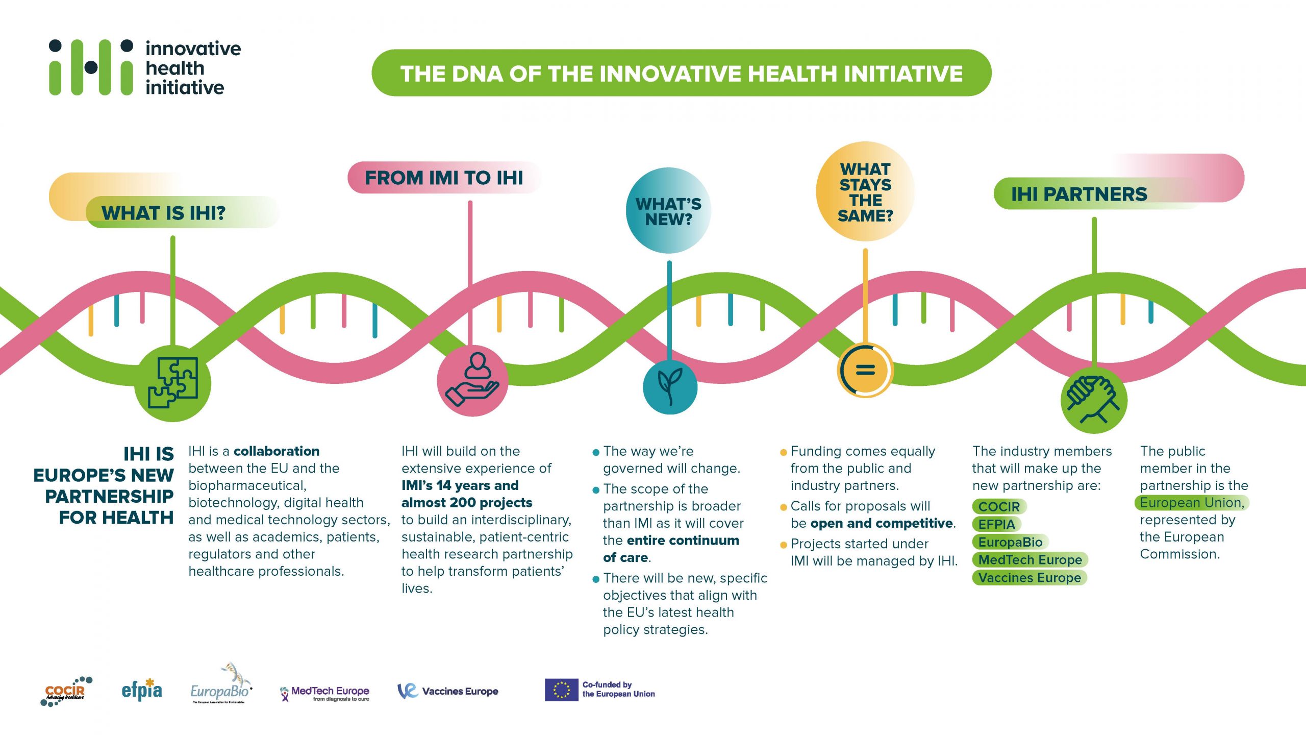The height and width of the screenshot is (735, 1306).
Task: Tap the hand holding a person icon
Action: [472, 380]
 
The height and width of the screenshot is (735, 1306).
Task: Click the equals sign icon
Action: [865, 370]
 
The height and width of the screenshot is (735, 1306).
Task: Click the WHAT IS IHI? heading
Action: [163, 213]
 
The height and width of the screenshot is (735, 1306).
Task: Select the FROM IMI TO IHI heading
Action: [444, 178]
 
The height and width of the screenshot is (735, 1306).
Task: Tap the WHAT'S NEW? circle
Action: [668, 211]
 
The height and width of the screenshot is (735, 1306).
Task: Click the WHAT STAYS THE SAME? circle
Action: [865, 191]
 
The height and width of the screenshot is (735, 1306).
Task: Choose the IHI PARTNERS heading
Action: [1079, 194]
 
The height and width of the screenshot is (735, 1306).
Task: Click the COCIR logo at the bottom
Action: [66, 692]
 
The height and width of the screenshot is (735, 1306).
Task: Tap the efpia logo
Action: [142, 690]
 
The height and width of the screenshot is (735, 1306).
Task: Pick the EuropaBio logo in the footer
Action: [221, 684]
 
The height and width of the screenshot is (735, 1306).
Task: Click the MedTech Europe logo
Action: [325, 693]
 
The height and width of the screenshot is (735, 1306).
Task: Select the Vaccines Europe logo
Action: [448, 691]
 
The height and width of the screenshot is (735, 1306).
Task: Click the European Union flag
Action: [561, 690]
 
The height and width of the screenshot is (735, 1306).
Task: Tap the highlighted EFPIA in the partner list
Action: [997, 524]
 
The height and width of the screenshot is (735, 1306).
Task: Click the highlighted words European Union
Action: [1192, 503]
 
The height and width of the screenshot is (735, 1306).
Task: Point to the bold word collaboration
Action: [277, 451]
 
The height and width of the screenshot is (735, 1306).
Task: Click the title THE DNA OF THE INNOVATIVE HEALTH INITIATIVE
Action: [682, 73]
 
